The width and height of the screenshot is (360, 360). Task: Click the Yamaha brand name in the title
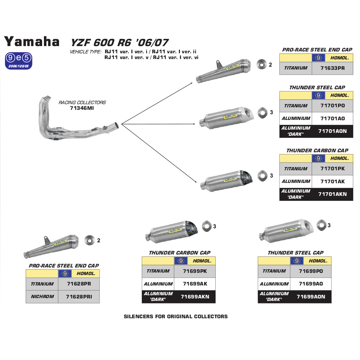pyautogui.click(x=32, y=42)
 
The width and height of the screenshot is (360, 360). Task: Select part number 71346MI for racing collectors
pyautogui.click(x=82, y=108)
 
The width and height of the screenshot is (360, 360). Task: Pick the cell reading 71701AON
pyautogui.click(x=332, y=131)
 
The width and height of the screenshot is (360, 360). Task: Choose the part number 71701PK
pyautogui.click(x=332, y=168)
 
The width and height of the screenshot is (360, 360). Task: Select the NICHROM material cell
pyautogui.click(x=42, y=297)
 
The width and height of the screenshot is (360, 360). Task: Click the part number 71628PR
pyautogui.click(x=78, y=284)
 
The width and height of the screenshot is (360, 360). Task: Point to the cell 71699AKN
pyautogui.click(x=194, y=297)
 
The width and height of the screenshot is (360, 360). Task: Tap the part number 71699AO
pyautogui.click(x=311, y=284)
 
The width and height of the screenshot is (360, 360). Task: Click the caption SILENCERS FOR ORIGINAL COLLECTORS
pyautogui.click(x=176, y=316)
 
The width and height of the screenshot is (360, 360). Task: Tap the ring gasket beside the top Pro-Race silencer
pyautogui.click(x=260, y=64)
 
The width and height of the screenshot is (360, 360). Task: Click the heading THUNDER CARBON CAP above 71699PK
pyautogui.click(x=179, y=253)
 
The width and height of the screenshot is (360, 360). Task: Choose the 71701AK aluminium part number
pyautogui.click(x=332, y=181)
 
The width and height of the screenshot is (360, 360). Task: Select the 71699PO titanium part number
pyautogui.click(x=311, y=271)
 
